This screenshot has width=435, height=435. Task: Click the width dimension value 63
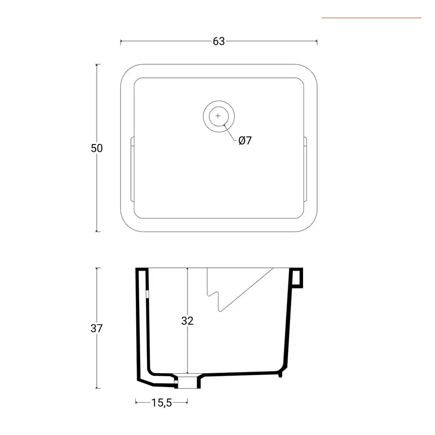click(x=218, y=42)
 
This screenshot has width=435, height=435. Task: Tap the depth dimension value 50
click(x=97, y=148)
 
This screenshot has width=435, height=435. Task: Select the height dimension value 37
click(x=97, y=329)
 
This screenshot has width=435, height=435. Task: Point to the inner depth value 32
click(x=187, y=321)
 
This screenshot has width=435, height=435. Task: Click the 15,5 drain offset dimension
click(x=162, y=403)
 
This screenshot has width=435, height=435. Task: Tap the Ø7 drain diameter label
click(x=245, y=141)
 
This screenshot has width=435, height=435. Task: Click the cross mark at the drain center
click(x=218, y=116)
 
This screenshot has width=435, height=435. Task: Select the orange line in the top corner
click(x=372, y=18)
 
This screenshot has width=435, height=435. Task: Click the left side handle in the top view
click(x=132, y=169)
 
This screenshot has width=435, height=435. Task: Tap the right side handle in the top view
click(x=305, y=169)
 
